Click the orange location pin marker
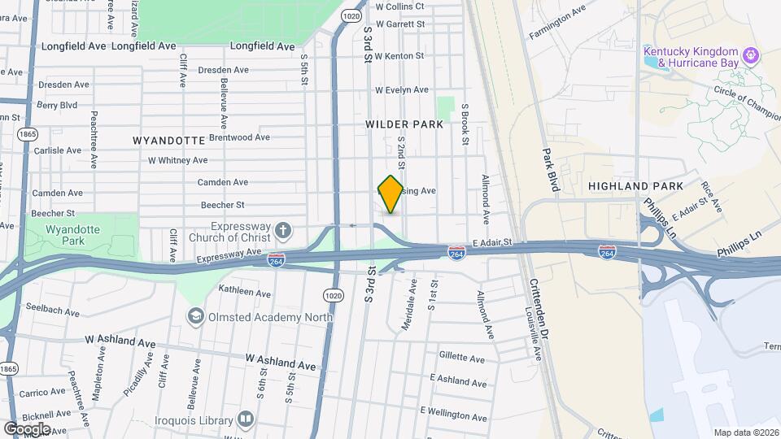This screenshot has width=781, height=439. click(x=390, y=194)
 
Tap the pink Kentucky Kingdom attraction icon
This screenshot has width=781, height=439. click(x=750, y=55)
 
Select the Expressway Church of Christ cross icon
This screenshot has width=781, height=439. click(x=283, y=230)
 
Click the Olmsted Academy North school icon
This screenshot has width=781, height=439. click(x=195, y=315)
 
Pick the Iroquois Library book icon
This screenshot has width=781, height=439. click(x=246, y=419)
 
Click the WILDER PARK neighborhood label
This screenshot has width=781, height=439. click(x=404, y=124)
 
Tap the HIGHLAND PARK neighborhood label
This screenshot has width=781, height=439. click(x=635, y=186)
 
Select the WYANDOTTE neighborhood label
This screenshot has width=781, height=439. click(x=168, y=140)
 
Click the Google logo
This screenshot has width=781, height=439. click(x=27, y=428)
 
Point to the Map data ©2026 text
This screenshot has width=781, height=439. click(x=745, y=432)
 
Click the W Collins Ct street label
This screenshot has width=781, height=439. click(x=399, y=7)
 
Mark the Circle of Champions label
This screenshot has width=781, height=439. click(x=747, y=102)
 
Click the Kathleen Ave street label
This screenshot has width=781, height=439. click(x=244, y=293)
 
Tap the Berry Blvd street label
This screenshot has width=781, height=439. click(x=57, y=105)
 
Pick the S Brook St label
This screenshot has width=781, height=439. click(x=465, y=124)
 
